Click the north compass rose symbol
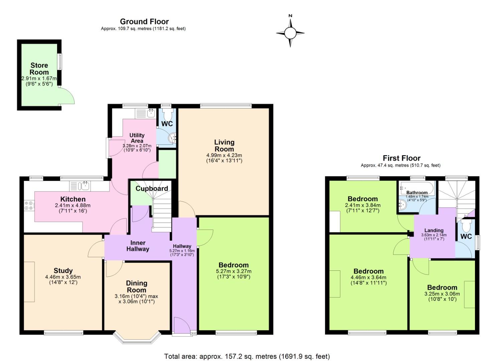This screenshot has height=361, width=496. click(x=290, y=33)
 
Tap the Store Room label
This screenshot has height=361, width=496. click(x=39, y=69)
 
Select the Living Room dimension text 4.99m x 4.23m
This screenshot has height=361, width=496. click(x=224, y=155)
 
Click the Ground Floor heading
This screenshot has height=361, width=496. click(x=144, y=22)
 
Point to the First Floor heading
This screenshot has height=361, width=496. click(x=401, y=158)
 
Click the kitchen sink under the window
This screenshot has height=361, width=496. click(x=82, y=186)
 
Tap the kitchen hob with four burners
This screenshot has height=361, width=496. click(x=28, y=205)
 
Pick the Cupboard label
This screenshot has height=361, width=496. click(x=152, y=189)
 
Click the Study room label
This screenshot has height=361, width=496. click(x=63, y=271)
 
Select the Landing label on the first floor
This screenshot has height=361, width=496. click(x=434, y=230)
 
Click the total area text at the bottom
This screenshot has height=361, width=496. click(x=247, y=356)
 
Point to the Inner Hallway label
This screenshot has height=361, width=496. click(x=138, y=246)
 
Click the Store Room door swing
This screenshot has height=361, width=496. click(x=66, y=96)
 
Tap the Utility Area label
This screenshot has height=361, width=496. click(x=137, y=138)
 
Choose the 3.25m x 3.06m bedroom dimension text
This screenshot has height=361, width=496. click(x=442, y=294)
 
